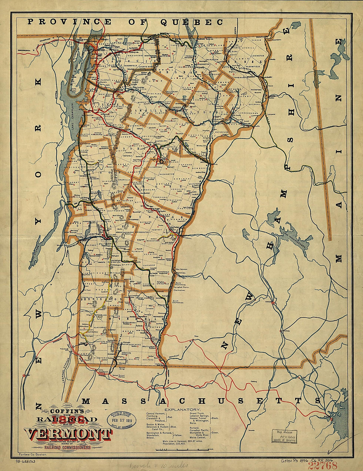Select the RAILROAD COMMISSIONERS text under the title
tap(67, 447)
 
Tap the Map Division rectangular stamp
tap(284, 436)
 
